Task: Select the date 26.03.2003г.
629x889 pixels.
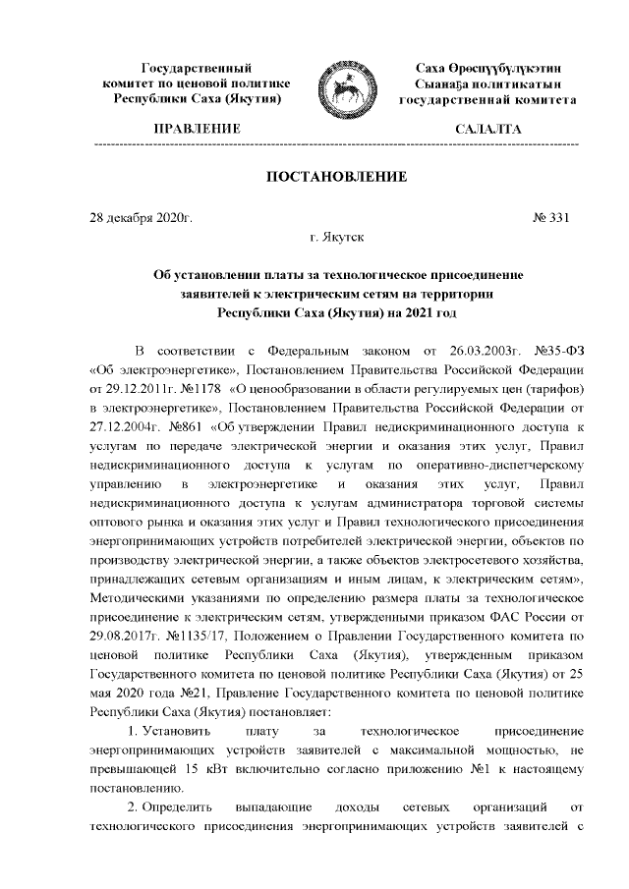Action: click(x=469, y=351)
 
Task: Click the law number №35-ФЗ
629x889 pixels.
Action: click(x=558, y=351)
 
